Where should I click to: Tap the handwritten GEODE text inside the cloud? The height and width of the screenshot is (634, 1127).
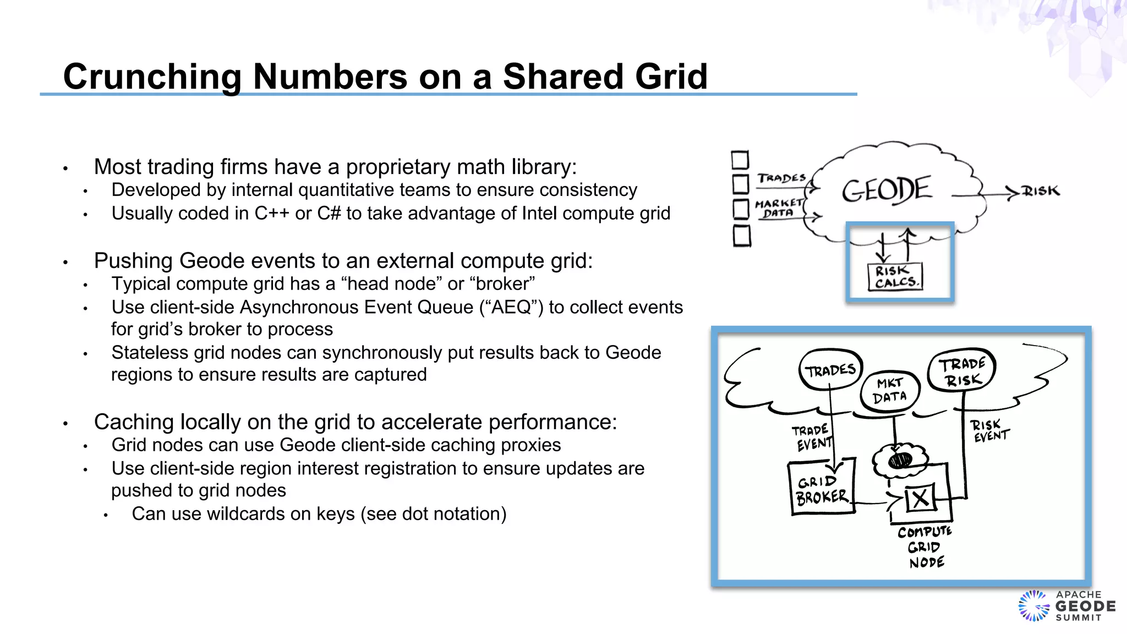click(887, 190)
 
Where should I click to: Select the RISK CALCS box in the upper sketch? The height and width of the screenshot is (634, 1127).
click(895, 276)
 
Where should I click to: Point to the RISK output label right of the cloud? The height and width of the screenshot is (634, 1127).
click(1041, 191)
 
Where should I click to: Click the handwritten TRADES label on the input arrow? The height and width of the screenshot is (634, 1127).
click(781, 178)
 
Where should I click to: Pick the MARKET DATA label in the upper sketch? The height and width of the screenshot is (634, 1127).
click(778, 208)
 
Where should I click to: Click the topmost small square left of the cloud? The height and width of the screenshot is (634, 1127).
click(740, 160)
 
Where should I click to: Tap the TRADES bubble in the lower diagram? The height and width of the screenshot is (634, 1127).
click(830, 369)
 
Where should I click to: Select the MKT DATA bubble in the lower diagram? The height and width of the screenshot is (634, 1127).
click(889, 390)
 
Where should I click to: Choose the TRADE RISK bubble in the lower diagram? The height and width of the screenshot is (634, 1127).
click(961, 371)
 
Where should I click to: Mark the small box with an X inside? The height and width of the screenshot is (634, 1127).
click(920, 499)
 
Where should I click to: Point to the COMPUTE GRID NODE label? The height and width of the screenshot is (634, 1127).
click(925, 547)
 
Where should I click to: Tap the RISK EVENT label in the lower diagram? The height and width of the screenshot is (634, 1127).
click(988, 430)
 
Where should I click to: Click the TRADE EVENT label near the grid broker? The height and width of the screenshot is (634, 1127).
click(812, 437)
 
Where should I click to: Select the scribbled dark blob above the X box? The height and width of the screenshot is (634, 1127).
click(900, 458)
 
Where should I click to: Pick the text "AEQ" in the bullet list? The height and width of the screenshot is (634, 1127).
click(511, 307)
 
